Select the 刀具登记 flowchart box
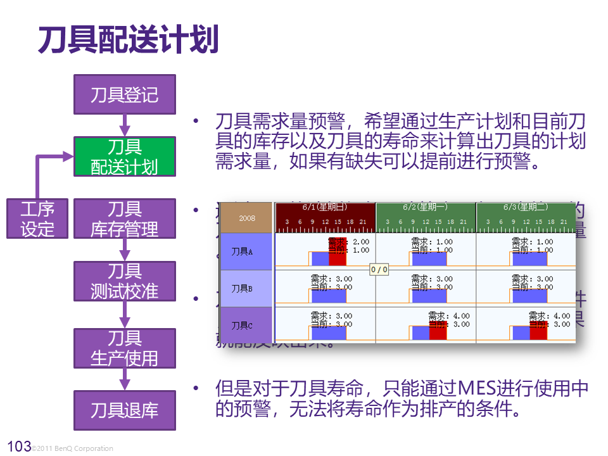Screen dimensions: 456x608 [124, 95]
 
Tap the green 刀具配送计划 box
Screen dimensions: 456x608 [124, 156]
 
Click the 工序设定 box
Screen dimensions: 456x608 [37, 218]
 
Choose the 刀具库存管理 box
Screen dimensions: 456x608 [124, 218]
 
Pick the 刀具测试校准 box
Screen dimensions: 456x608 [124, 281]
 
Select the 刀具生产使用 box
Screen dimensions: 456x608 [124, 348]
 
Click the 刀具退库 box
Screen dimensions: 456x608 [124, 410]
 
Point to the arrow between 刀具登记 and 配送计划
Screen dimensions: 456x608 [125, 125]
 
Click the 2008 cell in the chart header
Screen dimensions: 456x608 [247, 218]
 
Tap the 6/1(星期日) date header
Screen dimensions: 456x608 [325, 207]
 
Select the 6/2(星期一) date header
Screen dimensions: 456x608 [425, 207]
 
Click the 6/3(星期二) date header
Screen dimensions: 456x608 [526, 207]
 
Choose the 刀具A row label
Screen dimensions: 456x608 [242, 251]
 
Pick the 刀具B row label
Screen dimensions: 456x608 [242, 288]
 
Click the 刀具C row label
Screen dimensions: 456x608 [242, 326]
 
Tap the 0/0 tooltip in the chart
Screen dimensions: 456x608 [379, 269]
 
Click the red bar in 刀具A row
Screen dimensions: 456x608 [338, 255]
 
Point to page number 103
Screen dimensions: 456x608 [18, 446]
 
